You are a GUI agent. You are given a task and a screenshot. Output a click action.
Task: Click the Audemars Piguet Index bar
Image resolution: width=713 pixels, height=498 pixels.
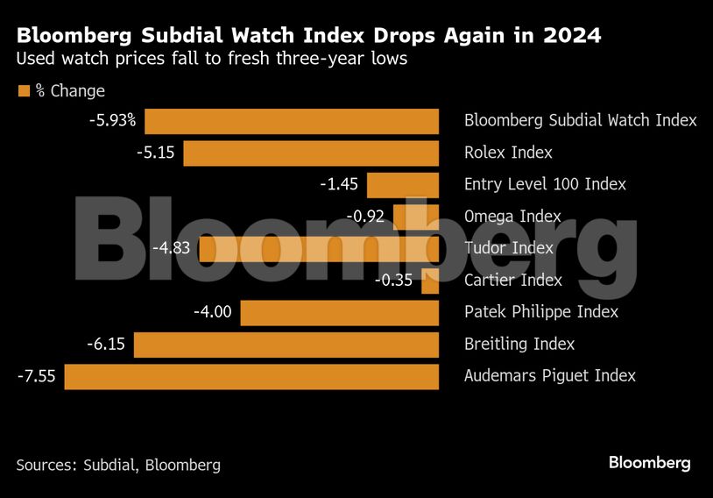click(251, 376)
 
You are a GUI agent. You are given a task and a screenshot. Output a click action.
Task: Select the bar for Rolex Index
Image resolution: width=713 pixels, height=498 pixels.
click(311, 153)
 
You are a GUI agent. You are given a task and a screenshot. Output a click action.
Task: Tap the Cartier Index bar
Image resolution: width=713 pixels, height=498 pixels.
click(430, 281)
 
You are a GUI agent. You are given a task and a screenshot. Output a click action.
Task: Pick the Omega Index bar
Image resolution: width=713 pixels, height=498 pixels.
click(416, 217)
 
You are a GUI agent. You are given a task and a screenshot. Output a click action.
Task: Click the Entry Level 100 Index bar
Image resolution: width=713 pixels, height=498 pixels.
click(403, 184)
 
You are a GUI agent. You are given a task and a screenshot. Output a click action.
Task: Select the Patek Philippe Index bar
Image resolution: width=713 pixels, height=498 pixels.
click(340, 312)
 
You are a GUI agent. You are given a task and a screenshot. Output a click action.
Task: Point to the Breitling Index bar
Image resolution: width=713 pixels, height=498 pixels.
click(286, 345)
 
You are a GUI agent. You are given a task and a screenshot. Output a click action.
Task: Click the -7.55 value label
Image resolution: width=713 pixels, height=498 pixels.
click(37, 376)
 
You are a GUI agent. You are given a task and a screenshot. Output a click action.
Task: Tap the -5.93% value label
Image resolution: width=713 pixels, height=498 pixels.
click(112, 120)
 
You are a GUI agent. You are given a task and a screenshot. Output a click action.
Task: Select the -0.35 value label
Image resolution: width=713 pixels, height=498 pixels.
click(394, 281)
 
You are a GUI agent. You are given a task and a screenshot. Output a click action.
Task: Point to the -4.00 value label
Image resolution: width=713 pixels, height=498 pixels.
click(213, 312)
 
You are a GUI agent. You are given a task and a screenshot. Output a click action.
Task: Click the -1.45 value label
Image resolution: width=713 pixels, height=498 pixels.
click(338, 184)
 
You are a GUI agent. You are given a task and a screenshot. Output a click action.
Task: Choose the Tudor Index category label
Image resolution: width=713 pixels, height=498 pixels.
click(509, 248)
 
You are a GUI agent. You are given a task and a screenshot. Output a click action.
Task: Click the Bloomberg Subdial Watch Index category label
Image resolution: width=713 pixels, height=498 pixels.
click(580, 120)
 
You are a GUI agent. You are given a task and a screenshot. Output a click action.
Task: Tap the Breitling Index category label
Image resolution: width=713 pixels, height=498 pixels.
click(519, 345)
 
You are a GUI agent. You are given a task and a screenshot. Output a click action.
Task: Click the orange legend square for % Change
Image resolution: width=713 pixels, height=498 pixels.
click(24, 90)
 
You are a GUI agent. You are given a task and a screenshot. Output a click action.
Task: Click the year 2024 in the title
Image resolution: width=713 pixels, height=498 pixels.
click(569, 37)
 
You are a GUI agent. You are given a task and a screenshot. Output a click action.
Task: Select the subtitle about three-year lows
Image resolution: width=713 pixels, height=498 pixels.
click(211, 60)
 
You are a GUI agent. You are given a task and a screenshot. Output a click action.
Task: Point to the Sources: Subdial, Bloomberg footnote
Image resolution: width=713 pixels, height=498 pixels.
click(118, 465)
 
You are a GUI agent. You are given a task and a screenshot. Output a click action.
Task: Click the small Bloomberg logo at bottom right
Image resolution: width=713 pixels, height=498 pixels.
click(650, 462)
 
